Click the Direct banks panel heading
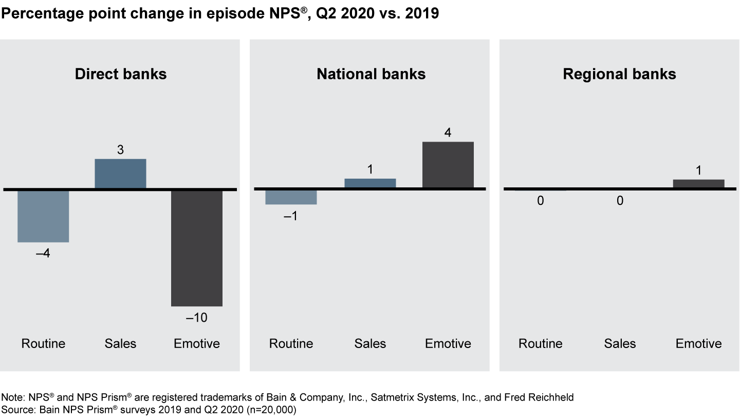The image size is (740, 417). pyautogui.click(x=121, y=74)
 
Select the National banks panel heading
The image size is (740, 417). pyautogui.click(x=371, y=74)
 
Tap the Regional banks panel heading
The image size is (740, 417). pyautogui.click(x=619, y=74)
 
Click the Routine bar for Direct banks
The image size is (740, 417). pyautogui.click(x=43, y=216)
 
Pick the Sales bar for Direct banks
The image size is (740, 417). pyautogui.click(x=121, y=173)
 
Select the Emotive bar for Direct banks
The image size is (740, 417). pyautogui.click(x=197, y=248)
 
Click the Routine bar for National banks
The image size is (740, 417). pyautogui.click(x=291, y=197)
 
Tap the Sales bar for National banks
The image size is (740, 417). pyautogui.click(x=370, y=183)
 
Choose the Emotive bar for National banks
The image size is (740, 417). pyautogui.click(x=448, y=165)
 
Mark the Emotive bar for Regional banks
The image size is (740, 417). pyautogui.click(x=698, y=184)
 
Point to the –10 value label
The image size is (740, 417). pyautogui.click(x=197, y=318)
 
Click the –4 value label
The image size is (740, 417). pyautogui.click(x=43, y=254)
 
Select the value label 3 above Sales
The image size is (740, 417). pyautogui.click(x=121, y=150)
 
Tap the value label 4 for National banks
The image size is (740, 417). pyautogui.click(x=448, y=133)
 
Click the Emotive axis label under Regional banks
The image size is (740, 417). pyautogui.click(x=698, y=343)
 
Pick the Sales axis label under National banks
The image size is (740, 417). pyautogui.click(x=370, y=343)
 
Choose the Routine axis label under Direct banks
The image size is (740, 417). pyautogui.click(x=43, y=343)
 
